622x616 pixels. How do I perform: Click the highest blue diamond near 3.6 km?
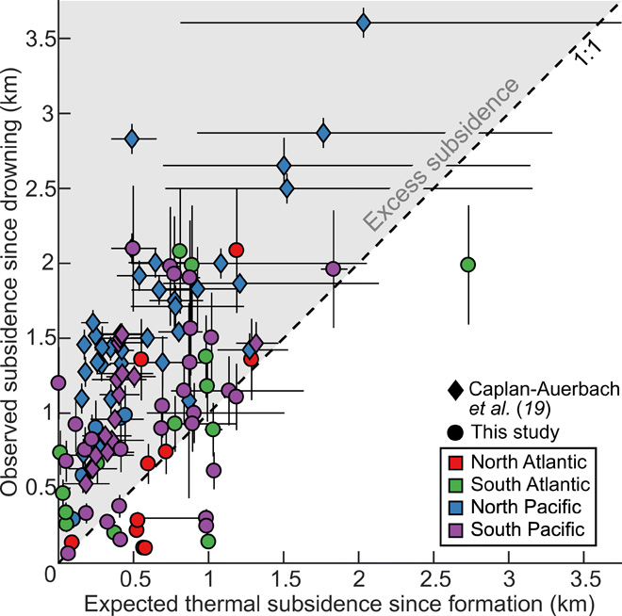[x=364, y=23]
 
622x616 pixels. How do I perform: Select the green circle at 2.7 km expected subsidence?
[x=467, y=265]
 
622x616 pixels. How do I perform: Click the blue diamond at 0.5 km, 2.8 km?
[x=132, y=140]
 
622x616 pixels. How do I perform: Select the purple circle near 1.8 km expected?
[x=333, y=268]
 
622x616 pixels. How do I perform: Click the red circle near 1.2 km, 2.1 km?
[x=237, y=250]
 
